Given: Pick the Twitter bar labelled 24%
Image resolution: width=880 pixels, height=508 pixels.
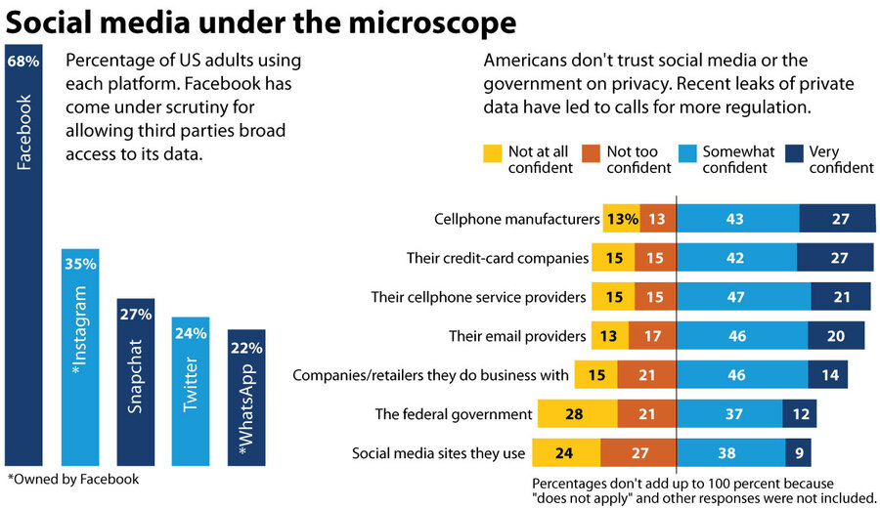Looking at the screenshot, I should click(x=191, y=391).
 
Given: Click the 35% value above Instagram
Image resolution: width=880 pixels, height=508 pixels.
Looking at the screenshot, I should click(x=80, y=264).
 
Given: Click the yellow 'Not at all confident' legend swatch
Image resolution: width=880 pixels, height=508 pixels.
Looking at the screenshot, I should click(x=492, y=152).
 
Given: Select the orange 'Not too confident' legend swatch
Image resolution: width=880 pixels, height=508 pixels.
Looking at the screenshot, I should click(x=591, y=152).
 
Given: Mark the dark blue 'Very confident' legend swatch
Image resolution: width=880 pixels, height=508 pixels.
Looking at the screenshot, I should click(x=794, y=152).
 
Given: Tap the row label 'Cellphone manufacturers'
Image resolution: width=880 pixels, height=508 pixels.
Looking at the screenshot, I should click(x=515, y=219).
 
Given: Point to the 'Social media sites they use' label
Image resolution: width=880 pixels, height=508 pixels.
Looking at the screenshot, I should click(x=438, y=453).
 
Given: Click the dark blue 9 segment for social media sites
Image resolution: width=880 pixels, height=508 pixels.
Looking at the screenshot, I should click(x=798, y=453).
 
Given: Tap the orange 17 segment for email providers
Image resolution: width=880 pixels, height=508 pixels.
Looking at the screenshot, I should click(x=653, y=336).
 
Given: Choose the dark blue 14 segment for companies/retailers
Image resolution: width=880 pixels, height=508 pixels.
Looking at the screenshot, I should click(x=827, y=375).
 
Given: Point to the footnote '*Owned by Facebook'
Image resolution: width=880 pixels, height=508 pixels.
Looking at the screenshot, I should click(x=73, y=479).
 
